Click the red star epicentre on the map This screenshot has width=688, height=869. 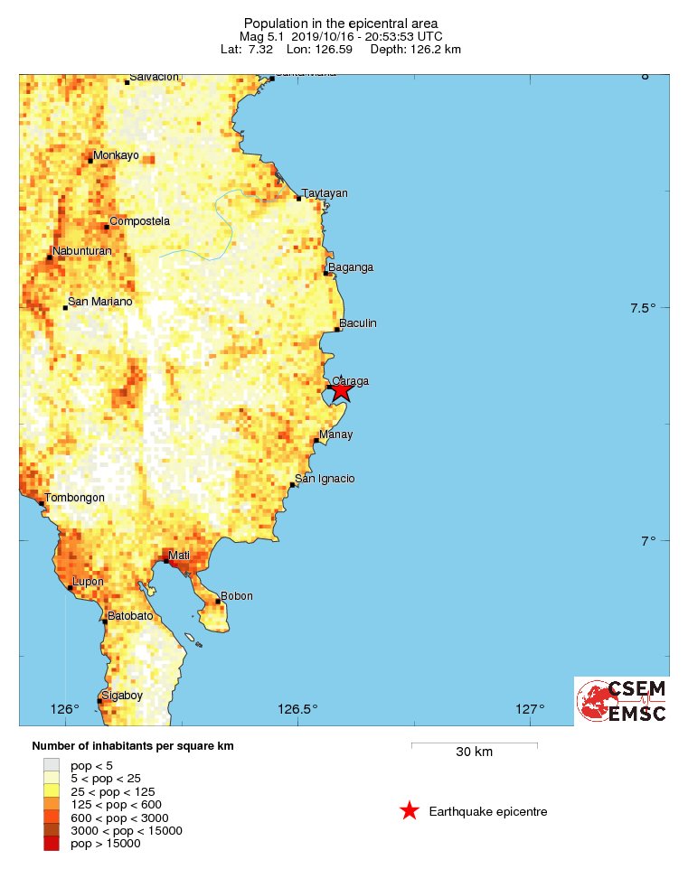point(341,390)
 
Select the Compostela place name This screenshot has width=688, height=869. point(139,221)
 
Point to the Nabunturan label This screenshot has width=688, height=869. point(82,251)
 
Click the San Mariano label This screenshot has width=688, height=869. point(100,302)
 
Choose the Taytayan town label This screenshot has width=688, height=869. point(325,193)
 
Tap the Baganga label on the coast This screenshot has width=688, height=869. point(351,267)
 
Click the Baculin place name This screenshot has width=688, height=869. point(358,323)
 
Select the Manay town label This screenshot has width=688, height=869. point(336,434)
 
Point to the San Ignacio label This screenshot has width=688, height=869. point(325,479)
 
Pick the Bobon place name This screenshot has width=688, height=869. point(237,596)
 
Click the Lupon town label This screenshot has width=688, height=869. point(88,582)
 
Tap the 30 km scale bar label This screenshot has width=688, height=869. point(474,752)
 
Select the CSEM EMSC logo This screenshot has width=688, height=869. point(622,701)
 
